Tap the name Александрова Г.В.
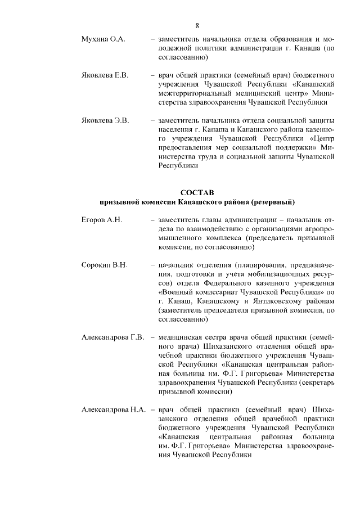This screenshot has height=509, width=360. pyautogui.click(x=114, y=337)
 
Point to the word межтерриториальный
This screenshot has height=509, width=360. pyautogui.click(x=195, y=93)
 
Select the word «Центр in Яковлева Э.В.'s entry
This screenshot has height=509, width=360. pyautogui.click(x=321, y=138)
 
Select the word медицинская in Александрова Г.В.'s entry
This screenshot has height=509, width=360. pyautogui.click(x=184, y=337)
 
